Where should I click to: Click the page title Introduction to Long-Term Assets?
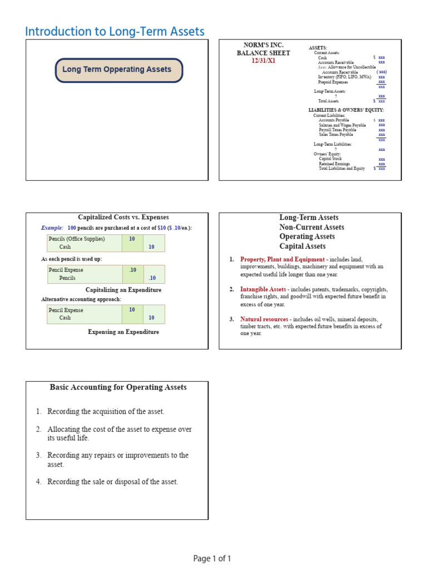tap(115, 32)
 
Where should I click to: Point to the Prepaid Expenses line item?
tap(333, 82)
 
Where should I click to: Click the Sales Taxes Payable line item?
tap(335, 134)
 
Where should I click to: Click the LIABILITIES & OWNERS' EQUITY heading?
tap(346, 110)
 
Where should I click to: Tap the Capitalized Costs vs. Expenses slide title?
tap(123, 218)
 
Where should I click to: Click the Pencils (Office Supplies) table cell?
tap(77, 239)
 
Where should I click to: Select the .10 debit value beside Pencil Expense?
tap(132, 269)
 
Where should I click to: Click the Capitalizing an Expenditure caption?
tap(123, 290)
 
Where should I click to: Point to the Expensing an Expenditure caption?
tap(123, 332)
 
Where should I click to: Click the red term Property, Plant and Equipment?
tap(282, 259)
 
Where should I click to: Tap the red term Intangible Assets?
tap(263, 289)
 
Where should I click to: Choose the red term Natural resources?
tap(264, 320)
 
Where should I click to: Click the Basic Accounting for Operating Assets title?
tap(118, 387)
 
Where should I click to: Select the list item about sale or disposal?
tap(112, 481)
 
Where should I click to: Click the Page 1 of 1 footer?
tap(212, 558)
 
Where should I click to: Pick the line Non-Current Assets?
tap(311, 227)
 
